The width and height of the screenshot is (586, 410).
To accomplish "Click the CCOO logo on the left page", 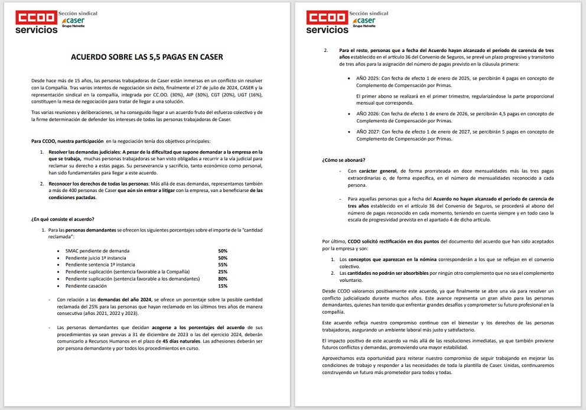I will pos(37,18).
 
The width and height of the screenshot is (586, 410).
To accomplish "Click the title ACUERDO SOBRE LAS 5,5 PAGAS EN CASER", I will pos(147,57).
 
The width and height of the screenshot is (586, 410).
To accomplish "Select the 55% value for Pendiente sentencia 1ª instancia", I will pos(223,265).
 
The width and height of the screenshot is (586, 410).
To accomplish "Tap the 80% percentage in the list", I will pos(223,278).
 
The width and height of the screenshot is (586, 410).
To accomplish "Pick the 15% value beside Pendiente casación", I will pos(223,285).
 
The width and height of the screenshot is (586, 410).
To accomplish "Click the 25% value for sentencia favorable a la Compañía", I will pos(223,272).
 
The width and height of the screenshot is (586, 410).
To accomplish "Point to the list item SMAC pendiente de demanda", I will pos(97,251).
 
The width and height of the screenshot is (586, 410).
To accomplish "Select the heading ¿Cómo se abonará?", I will pos(343,160).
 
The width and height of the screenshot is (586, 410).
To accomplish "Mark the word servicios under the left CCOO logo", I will pos(37,30).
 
